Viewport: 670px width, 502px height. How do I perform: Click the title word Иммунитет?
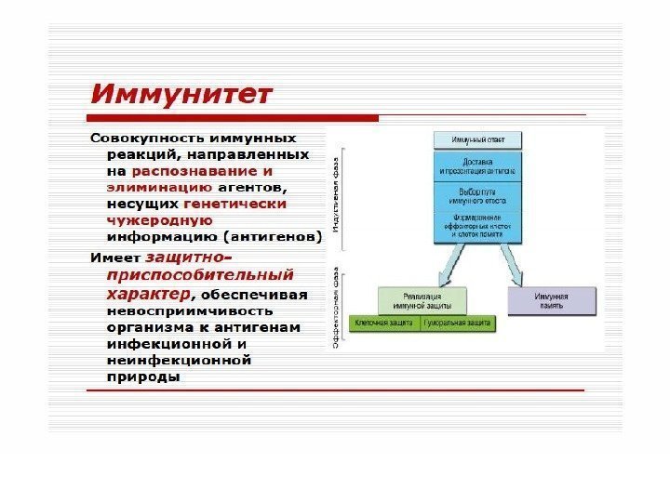pyautogui.click(x=181, y=94)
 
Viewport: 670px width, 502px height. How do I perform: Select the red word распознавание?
pyautogui.click(x=194, y=171)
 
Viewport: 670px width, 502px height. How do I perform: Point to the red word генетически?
pyautogui.click(x=235, y=203)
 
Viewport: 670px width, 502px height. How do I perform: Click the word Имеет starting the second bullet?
pyautogui.click(x=114, y=258)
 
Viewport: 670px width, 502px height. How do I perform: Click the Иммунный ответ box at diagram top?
pyautogui.click(x=478, y=140)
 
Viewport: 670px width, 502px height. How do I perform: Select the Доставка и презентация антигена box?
pyautogui.click(x=478, y=165)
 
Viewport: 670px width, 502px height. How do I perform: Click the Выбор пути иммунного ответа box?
pyautogui.click(x=478, y=194)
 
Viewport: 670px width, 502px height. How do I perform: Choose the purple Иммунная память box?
pyautogui.click(x=551, y=300)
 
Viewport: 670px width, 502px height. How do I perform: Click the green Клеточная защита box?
pyautogui.click(x=385, y=324)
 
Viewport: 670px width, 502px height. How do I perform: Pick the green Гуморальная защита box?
pyautogui.click(x=458, y=324)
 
